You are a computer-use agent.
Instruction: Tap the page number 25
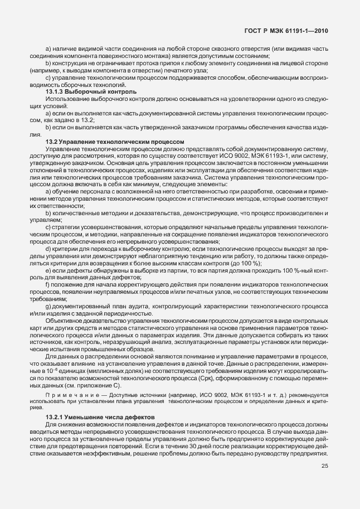click(x=324, y=467)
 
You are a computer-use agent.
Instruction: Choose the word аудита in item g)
click(x=135, y=307)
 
